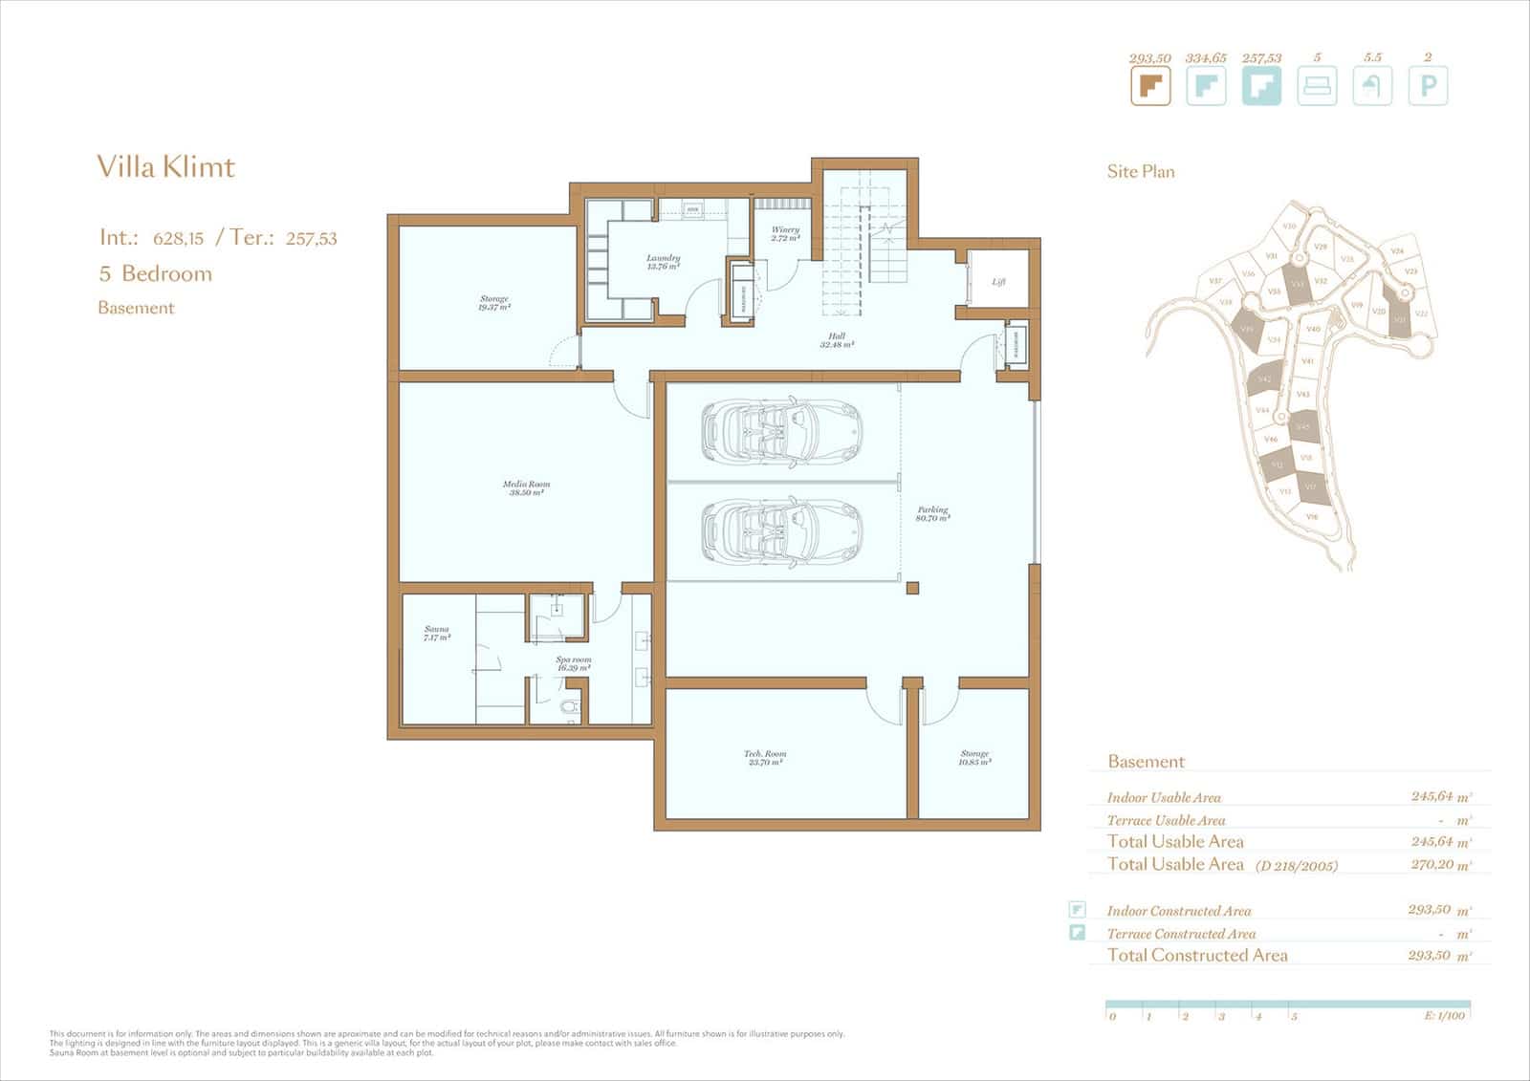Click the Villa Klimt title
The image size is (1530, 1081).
[x=165, y=167]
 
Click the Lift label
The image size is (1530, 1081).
[x=998, y=282]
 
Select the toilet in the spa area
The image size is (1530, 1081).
[x=571, y=708]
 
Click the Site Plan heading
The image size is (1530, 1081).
[x=1141, y=172]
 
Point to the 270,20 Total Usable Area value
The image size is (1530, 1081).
[x=1432, y=864]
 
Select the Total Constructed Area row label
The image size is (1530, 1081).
[x=1197, y=955]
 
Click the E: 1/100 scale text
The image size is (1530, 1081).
[x=1444, y=1016]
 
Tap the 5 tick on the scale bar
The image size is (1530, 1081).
[x=1294, y=1017]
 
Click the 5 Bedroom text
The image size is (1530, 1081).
[x=156, y=273]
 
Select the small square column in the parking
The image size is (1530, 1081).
[x=913, y=588]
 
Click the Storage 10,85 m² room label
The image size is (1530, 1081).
[x=974, y=758]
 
